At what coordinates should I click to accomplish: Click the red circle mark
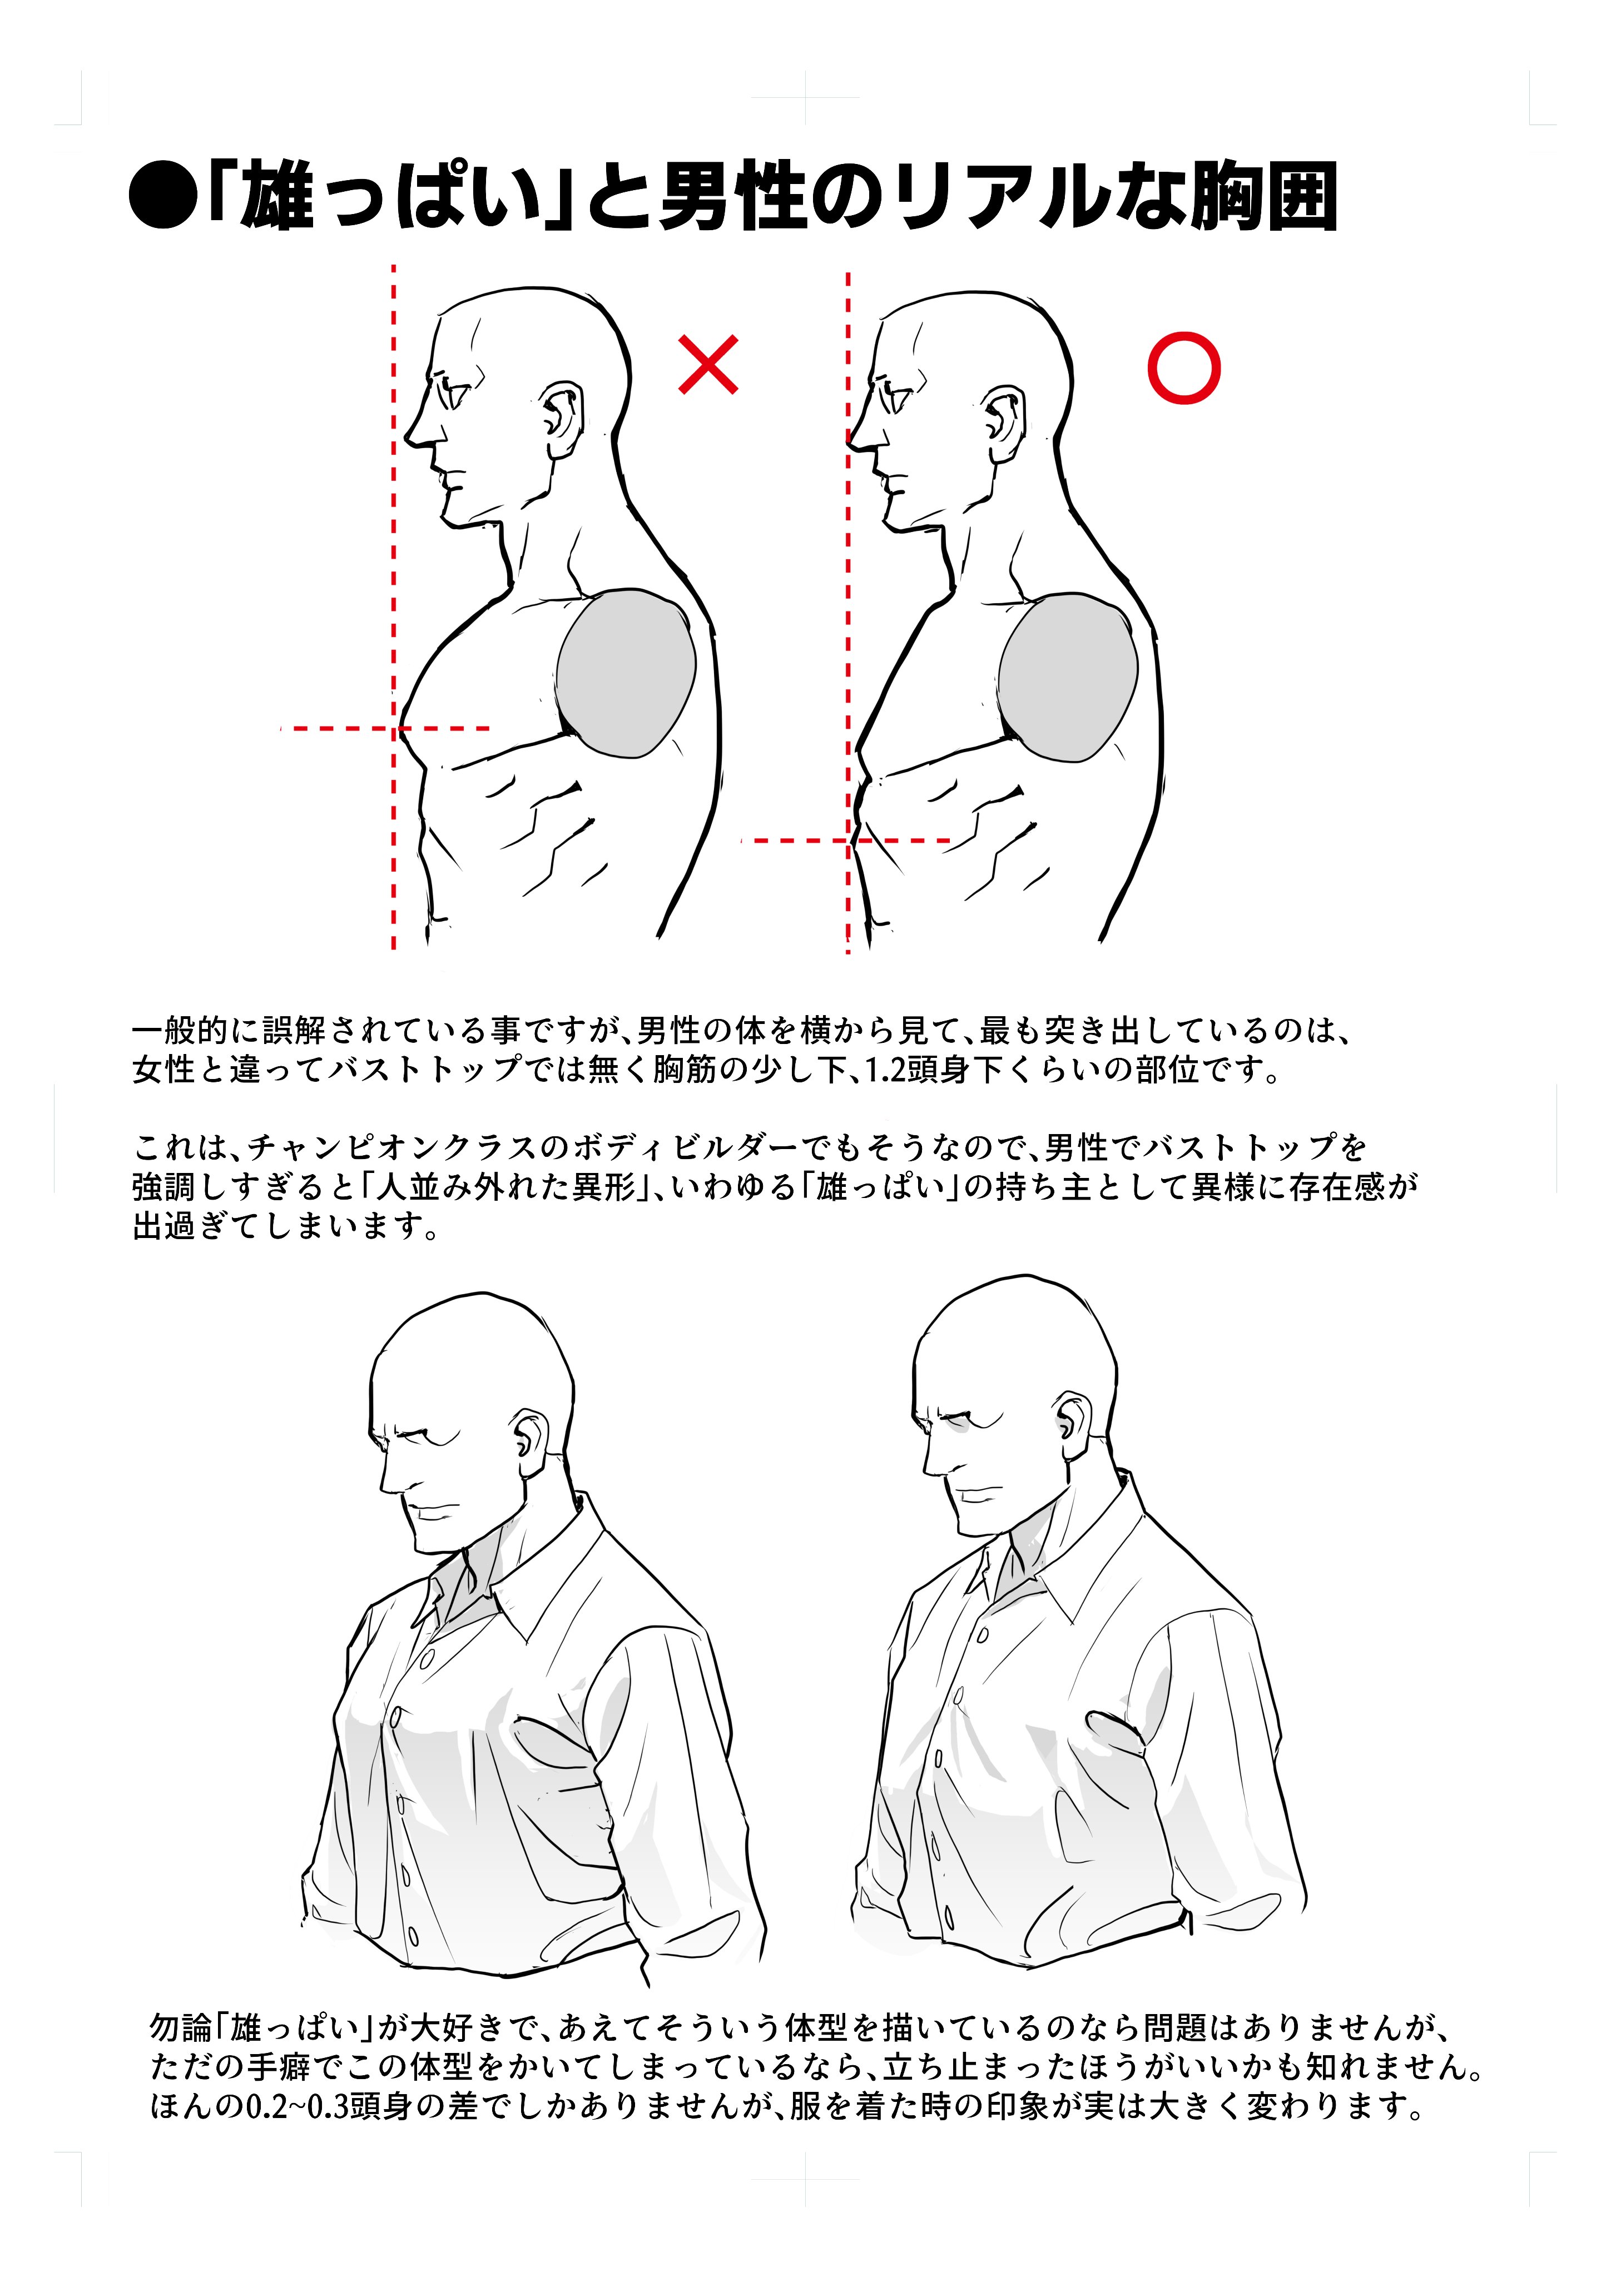click(1183, 368)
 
